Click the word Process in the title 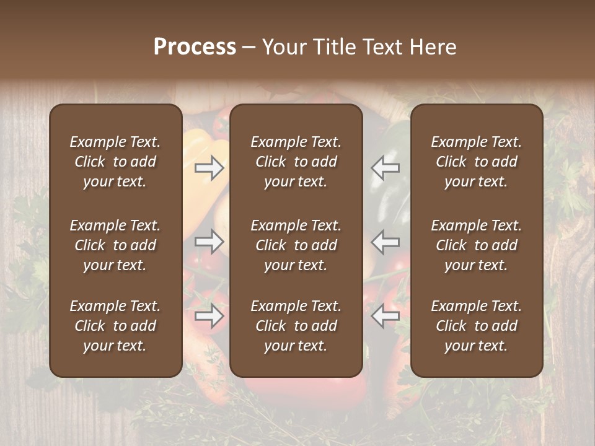coord(195,47)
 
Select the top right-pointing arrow coord(209,168)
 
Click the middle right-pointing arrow coord(209,242)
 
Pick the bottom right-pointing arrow coord(209,316)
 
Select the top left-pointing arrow coord(385,168)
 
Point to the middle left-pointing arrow coord(385,242)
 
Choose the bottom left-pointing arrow coord(385,316)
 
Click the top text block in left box coord(115,162)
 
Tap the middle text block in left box coord(115,245)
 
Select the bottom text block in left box coord(115,326)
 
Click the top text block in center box coord(296,162)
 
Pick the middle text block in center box coord(296,245)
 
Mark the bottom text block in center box coord(296,326)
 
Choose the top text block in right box coord(477,162)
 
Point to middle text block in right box coord(477,245)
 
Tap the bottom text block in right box coord(477,326)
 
